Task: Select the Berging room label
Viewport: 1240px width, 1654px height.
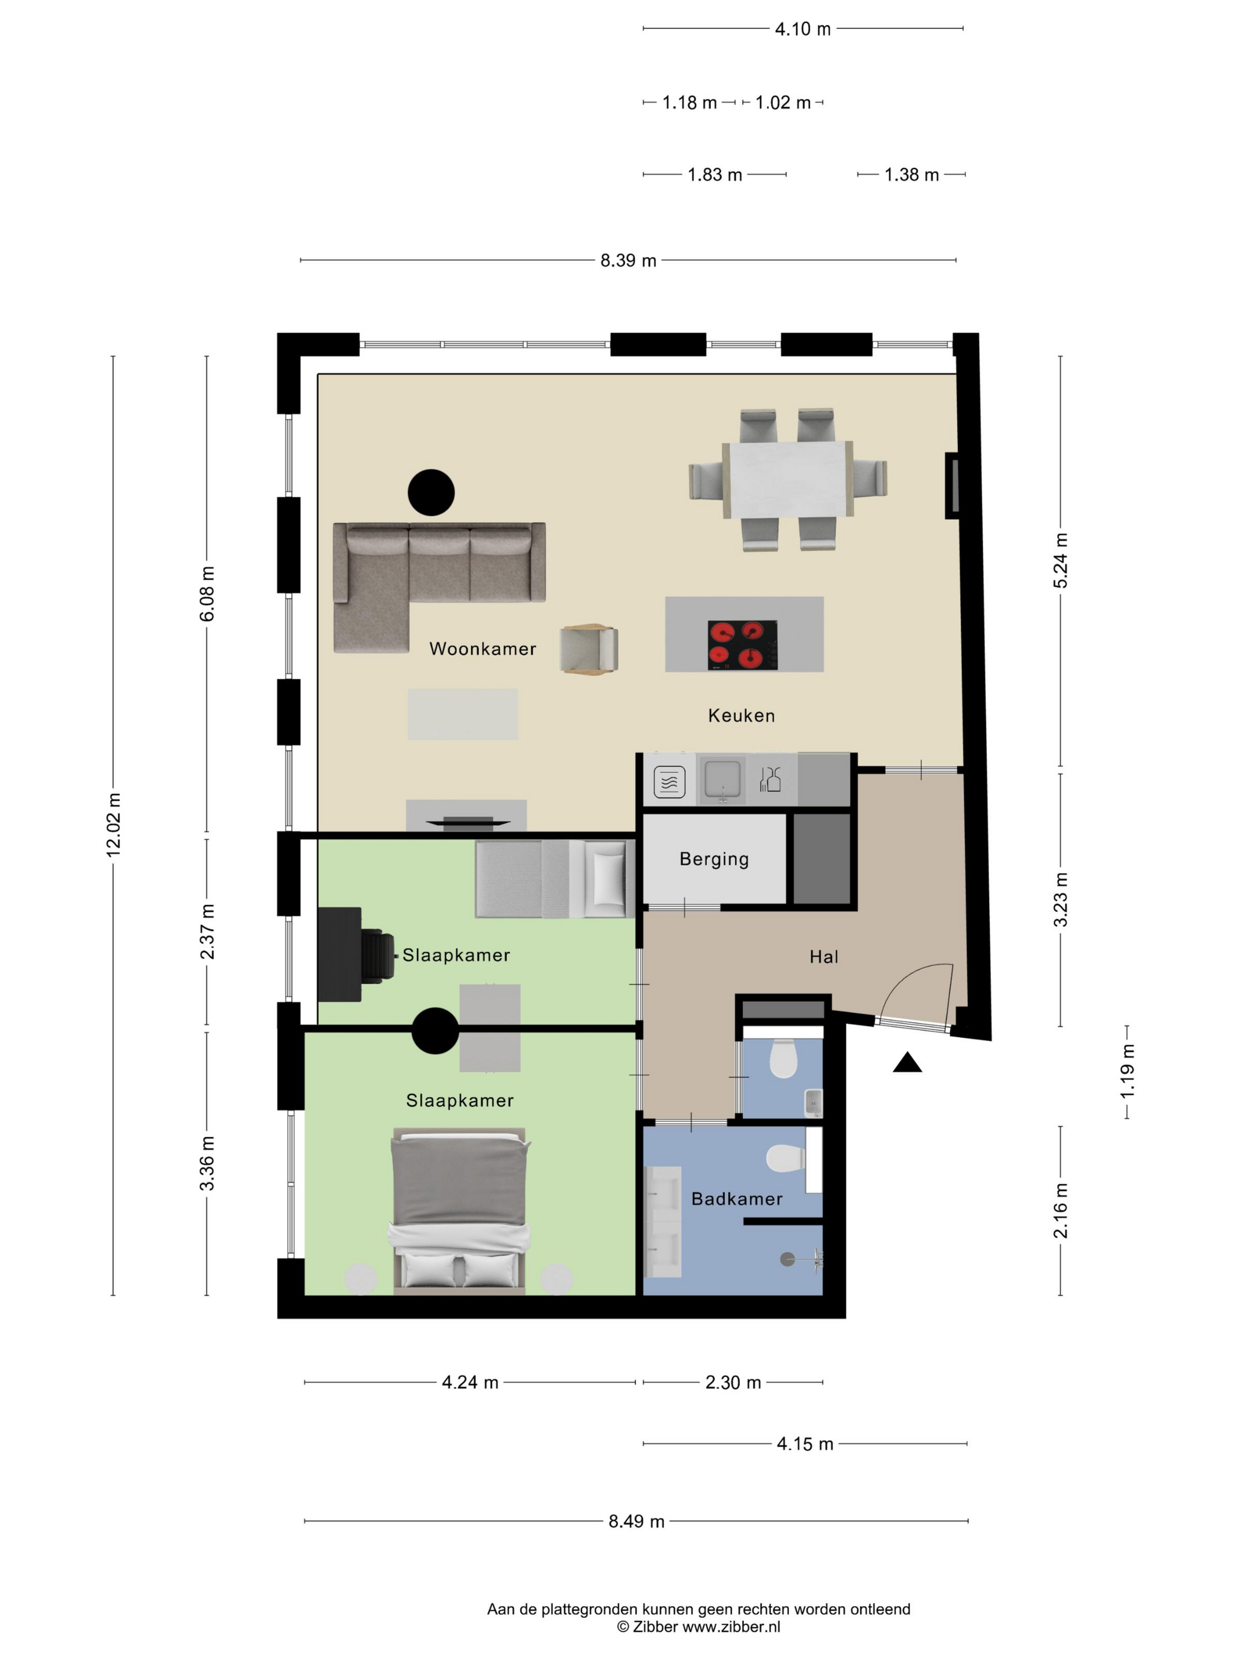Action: point(714,859)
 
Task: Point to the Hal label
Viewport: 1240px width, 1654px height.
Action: point(824,956)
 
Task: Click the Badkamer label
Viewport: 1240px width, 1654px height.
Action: point(736,1199)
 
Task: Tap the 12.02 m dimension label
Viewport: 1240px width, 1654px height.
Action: point(113,825)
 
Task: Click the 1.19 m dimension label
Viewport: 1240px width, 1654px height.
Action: point(1127,1072)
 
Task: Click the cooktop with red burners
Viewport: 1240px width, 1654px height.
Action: point(742,644)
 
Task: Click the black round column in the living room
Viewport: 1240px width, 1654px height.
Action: point(431,492)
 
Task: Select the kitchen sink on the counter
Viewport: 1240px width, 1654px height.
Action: point(722,779)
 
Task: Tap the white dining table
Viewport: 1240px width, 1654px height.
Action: point(788,479)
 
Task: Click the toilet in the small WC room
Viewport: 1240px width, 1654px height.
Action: point(784,1058)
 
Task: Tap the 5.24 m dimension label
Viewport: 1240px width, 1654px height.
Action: point(1060,561)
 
